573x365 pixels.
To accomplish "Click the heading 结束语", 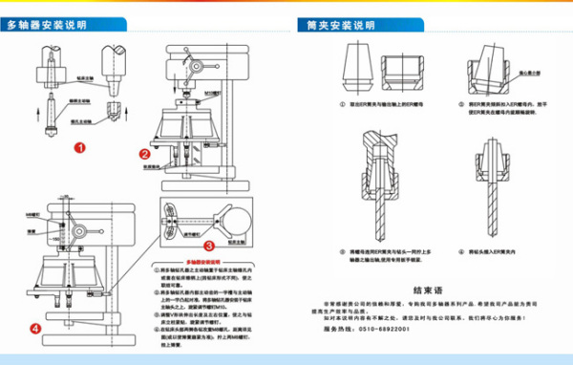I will click(430, 287).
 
